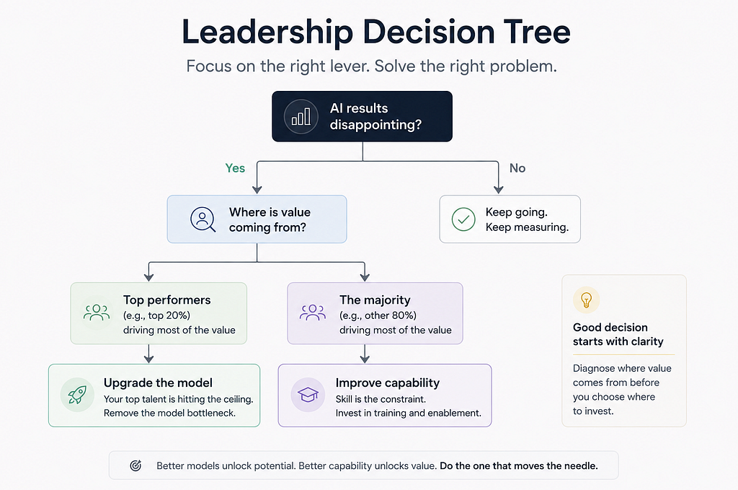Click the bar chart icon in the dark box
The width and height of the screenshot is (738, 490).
coord(301,116)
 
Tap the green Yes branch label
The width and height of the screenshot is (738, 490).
coord(235,168)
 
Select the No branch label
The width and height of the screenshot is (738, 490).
coord(517,168)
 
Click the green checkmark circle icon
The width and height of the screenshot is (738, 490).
coord(463,219)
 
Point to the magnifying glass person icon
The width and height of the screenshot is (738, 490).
coord(203,219)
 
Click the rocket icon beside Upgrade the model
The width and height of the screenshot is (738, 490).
coord(77,395)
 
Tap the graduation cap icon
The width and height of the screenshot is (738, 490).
coord(308,395)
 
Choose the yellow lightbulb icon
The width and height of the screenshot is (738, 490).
coord(587,300)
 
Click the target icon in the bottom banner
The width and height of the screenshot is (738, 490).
coord(135,465)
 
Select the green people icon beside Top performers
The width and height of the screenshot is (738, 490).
coord(97,312)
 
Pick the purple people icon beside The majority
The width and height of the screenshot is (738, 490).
coord(313,312)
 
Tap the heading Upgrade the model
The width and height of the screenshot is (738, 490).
coord(158,382)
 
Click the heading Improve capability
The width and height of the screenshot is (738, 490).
coord(387,382)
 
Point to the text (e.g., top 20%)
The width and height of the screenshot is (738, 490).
coord(156,315)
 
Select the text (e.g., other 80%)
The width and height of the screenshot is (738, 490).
coord(378,315)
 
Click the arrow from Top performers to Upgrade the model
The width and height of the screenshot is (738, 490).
coord(148,354)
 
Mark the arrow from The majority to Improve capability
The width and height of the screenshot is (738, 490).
coord(365,354)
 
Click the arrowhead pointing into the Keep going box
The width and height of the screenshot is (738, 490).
coord(499,189)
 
